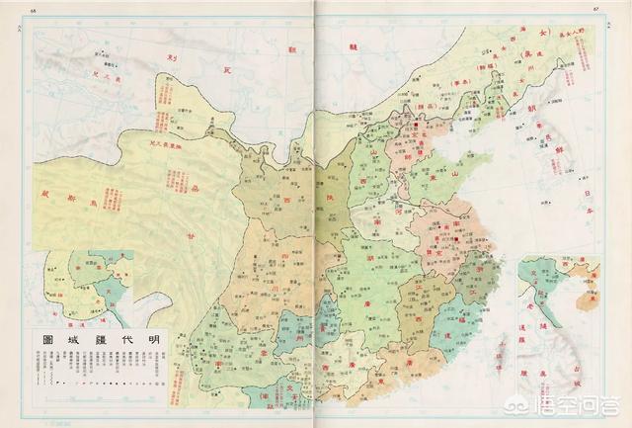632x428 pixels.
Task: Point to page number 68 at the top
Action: coord(35,9)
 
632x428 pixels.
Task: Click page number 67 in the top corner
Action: coord(596,9)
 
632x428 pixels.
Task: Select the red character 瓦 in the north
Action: coord(226,69)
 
